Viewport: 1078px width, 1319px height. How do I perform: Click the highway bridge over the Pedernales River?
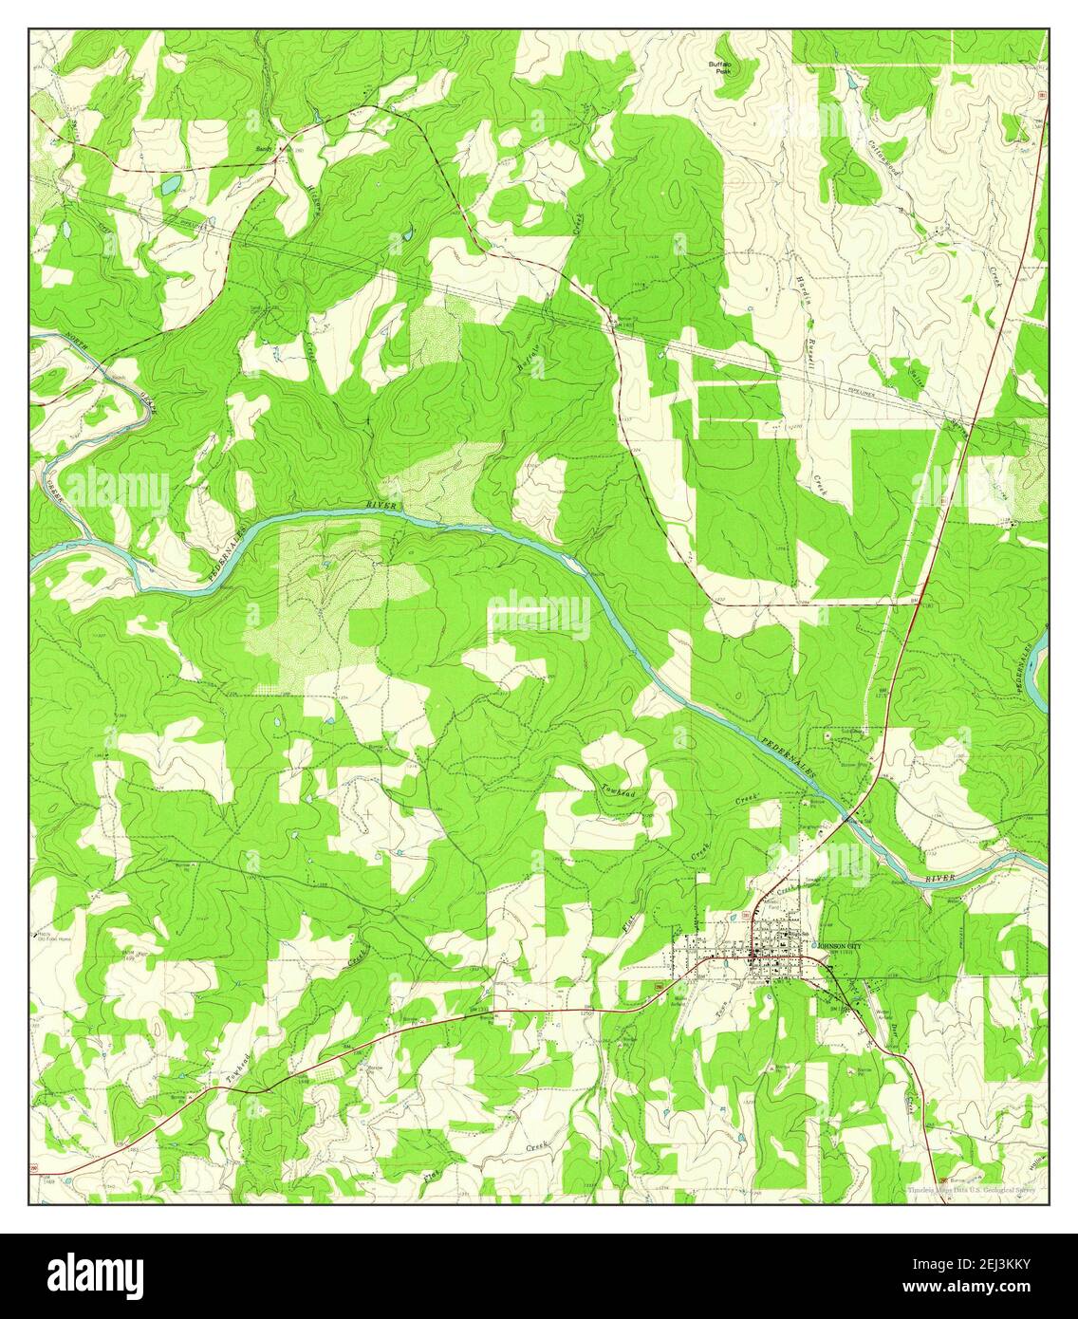pyautogui.click(x=851, y=814)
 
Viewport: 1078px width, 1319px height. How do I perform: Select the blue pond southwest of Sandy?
pyautogui.click(x=168, y=186)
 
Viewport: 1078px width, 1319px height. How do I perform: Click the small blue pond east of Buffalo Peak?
pyautogui.click(x=851, y=84)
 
